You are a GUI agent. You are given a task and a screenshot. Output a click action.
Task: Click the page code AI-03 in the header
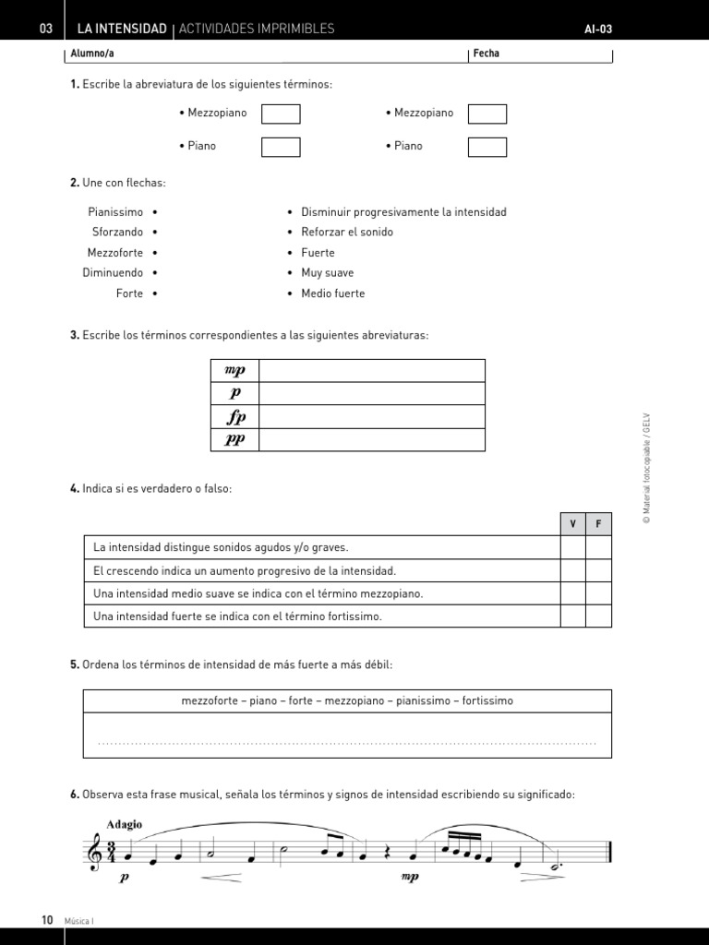598,30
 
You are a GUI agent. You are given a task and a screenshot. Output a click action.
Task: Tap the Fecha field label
486,54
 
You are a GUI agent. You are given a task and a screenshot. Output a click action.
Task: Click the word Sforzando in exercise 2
117,233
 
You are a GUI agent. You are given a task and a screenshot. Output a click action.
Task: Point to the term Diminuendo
113,273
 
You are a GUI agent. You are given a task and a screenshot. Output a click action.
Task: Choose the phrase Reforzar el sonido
347,233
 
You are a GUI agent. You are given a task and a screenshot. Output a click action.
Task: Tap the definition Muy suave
327,273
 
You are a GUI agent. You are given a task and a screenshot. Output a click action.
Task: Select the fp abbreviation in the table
235,416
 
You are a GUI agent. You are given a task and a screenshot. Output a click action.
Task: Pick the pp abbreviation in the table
235,439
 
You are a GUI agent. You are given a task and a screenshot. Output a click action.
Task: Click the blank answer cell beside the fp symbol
371,416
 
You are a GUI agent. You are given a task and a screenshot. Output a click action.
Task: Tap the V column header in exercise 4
572,524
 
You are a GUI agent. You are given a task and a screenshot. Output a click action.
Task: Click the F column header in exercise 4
598,524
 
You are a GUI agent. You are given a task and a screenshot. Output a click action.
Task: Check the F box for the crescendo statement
598,570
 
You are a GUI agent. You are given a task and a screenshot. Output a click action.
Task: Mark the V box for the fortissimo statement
572,616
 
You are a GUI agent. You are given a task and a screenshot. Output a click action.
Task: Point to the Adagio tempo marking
125,825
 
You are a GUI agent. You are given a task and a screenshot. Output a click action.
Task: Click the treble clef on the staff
95,851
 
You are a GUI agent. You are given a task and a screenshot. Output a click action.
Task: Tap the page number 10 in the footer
47,920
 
